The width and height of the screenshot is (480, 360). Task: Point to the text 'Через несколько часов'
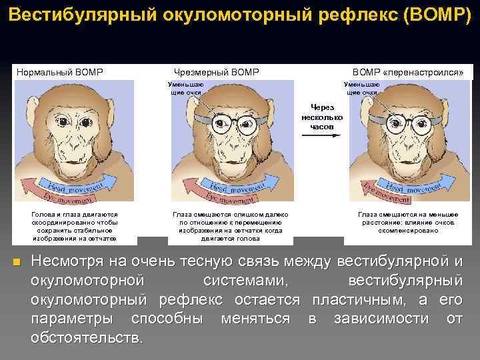[x=321, y=116]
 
